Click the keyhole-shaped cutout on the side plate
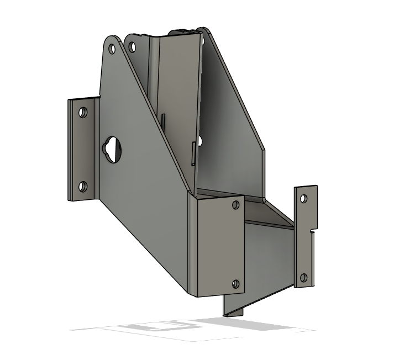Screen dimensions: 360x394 pyautogui.click(x=113, y=149)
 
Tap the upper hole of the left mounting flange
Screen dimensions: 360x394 pyautogui.click(x=83, y=113)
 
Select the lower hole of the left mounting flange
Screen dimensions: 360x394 pyautogui.click(x=83, y=187)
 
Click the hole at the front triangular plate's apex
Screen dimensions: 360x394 pyautogui.click(x=113, y=49)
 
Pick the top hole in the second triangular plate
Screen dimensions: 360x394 pyautogui.click(x=132, y=47)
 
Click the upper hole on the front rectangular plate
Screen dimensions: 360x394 pyautogui.click(x=236, y=205)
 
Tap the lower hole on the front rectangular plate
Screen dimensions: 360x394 pyautogui.click(x=236, y=284)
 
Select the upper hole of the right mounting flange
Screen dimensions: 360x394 pyautogui.click(x=303, y=197)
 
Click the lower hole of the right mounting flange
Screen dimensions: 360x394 pyautogui.click(x=303, y=277)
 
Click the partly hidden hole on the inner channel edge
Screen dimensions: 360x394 pyautogui.click(x=199, y=142)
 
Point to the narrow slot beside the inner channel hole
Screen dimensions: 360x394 pyautogui.click(x=192, y=153)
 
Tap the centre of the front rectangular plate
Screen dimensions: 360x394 pyautogui.click(x=217, y=245)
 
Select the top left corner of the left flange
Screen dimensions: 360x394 pyautogui.click(x=69, y=100)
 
